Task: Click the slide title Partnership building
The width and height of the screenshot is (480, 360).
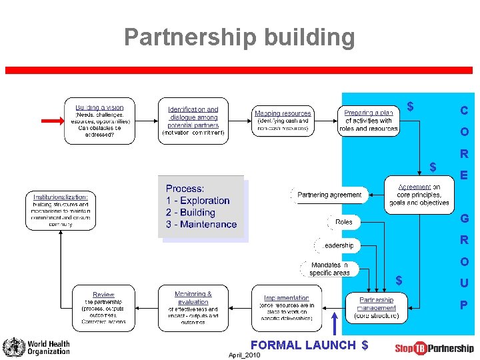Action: click(x=239, y=37)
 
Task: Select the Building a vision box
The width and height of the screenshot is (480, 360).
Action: click(x=99, y=121)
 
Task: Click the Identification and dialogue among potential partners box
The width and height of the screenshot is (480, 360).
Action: click(x=193, y=121)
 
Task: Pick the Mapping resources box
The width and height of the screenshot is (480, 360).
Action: click(x=283, y=121)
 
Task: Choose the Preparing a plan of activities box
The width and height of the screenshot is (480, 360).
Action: click(x=369, y=121)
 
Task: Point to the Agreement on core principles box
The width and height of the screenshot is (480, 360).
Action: click(x=419, y=195)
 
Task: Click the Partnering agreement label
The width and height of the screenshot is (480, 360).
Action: click(x=329, y=195)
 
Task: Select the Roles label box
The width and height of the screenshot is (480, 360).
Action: click(x=344, y=222)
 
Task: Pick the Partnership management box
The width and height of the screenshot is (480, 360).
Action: click(x=377, y=308)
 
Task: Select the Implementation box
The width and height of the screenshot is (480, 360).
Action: click(x=286, y=308)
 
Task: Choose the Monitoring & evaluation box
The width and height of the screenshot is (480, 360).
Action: click(x=193, y=308)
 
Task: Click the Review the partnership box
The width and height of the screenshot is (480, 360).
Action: click(x=103, y=308)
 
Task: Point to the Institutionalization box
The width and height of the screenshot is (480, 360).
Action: click(x=60, y=211)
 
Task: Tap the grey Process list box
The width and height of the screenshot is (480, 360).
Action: click(x=201, y=207)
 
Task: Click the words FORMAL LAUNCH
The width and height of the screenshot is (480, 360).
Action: click(x=303, y=345)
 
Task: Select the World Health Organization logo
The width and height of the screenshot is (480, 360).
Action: click(x=37, y=347)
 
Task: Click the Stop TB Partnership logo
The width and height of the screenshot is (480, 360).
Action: click(x=434, y=348)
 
